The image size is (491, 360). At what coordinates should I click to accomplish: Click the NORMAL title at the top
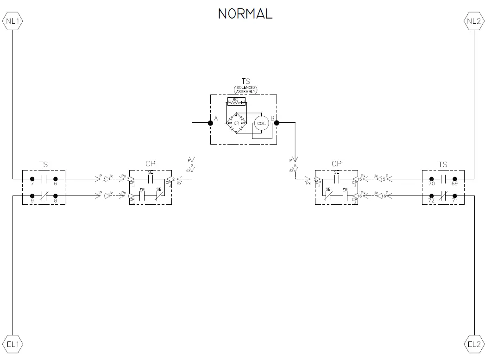[245, 14]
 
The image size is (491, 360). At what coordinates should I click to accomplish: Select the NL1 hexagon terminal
[13, 21]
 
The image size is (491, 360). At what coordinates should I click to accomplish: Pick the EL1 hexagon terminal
[13, 344]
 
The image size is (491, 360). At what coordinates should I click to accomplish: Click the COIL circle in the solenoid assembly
[261, 123]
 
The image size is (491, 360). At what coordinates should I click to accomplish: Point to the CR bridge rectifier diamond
[236, 123]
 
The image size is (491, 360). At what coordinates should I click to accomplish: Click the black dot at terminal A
[210, 123]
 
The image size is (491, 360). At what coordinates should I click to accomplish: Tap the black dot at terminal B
[277, 123]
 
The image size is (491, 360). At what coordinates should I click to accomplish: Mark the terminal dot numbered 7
[32, 179]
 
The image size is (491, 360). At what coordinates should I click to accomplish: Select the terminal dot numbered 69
[455, 179]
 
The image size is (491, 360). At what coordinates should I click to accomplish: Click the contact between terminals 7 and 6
[44, 179]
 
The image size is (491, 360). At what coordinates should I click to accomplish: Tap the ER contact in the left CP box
[142, 195]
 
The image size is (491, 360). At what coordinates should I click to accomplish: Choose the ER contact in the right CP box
[345, 195]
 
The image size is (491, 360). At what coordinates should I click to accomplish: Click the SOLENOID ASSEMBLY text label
[245, 89]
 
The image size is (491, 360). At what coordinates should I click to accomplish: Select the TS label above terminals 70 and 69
[443, 164]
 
